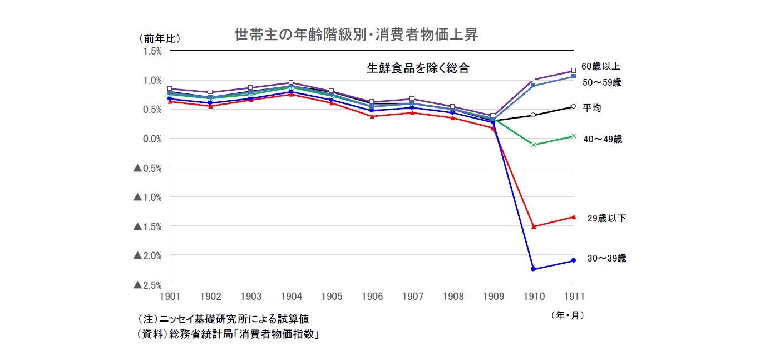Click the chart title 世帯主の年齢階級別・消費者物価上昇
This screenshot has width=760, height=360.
(356, 35)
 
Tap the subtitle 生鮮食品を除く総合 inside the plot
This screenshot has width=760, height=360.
(418, 68)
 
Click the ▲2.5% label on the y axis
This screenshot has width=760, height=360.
(147, 285)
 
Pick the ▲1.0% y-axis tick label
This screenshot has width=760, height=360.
(147, 197)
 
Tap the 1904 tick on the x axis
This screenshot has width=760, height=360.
(291, 297)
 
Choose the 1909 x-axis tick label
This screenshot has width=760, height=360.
(493, 297)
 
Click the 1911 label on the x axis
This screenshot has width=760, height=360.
(574, 297)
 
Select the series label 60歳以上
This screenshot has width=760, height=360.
(600, 66)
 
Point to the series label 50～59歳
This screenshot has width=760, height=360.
(602, 83)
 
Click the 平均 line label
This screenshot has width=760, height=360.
(591, 107)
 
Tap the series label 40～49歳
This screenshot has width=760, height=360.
(603, 140)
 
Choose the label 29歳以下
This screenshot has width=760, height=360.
(606, 219)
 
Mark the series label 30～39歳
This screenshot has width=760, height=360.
(606, 259)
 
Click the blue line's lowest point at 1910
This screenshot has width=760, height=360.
(534, 269)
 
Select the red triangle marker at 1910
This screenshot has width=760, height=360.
(534, 226)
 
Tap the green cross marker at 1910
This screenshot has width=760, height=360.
(534, 145)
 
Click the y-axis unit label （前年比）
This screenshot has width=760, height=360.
(160, 38)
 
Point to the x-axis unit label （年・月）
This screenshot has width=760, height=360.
(567, 315)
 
